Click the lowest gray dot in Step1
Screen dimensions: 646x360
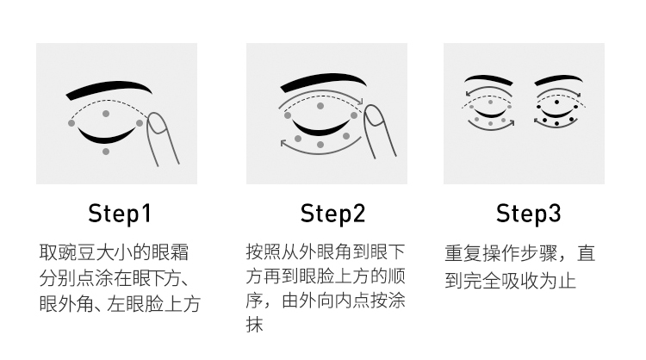pos(106,152)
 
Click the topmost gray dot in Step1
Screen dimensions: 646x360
pos(106,113)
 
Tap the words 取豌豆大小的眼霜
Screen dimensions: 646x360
pos(114,253)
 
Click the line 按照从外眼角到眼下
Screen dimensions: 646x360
pos(326,251)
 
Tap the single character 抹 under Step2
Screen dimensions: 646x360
pos(255,326)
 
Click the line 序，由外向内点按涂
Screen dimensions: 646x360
pos(326,301)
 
